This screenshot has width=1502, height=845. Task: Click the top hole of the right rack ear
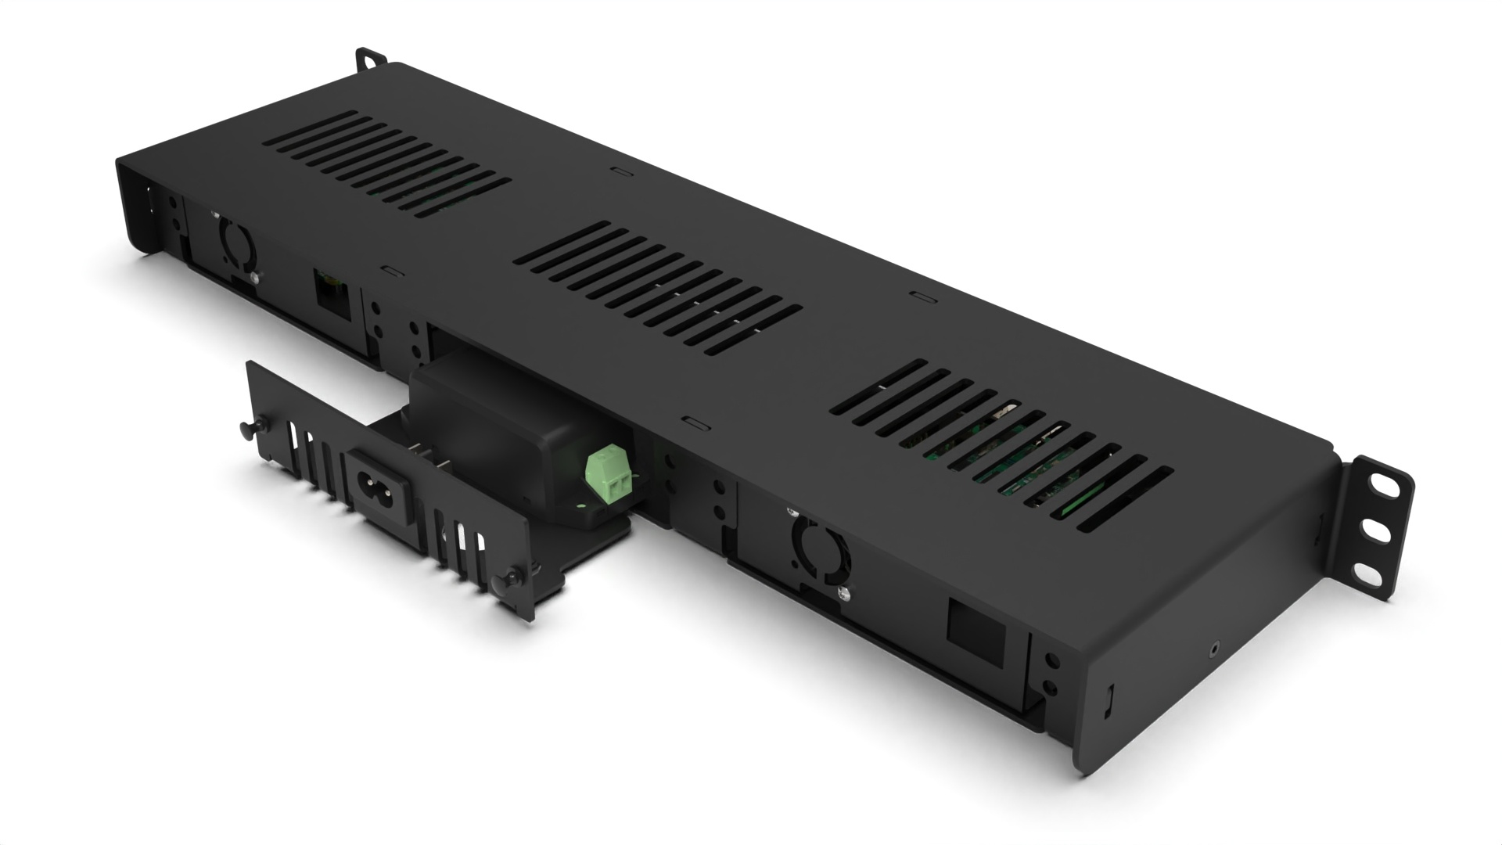tap(1385, 484)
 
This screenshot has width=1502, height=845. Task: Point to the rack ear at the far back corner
tap(370, 59)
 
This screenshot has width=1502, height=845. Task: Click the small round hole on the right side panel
tap(1213, 647)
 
